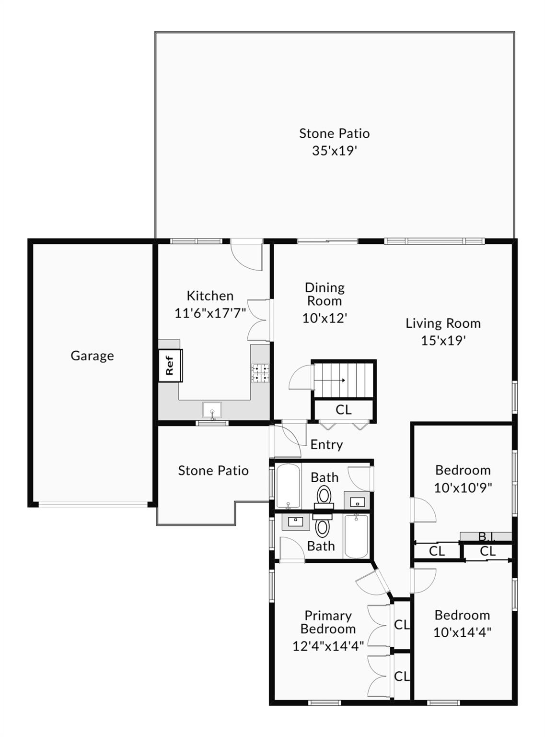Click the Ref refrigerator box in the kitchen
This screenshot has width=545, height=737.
[x=170, y=366]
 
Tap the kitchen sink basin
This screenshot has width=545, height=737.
[x=212, y=409]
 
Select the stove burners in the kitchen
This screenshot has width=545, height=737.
[x=261, y=373]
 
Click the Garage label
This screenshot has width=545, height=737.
[x=93, y=356]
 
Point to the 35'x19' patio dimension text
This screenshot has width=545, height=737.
[x=334, y=151]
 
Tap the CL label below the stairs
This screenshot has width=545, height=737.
[x=344, y=410]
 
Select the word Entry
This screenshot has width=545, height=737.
[x=326, y=445]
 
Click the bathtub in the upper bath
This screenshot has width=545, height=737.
[x=288, y=486]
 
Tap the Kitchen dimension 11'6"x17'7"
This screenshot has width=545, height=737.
[x=210, y=313]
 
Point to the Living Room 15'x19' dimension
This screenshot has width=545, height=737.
[x=443, y=341]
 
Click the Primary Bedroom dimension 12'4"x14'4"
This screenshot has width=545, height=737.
[x=328, y=646]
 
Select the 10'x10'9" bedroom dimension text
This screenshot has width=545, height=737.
[x=463, y=488]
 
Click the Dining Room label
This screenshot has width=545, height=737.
[x=325, y=294]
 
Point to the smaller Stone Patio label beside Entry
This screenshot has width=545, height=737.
[x=213, y=471]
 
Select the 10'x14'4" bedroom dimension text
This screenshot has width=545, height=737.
[x=463, y=633]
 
